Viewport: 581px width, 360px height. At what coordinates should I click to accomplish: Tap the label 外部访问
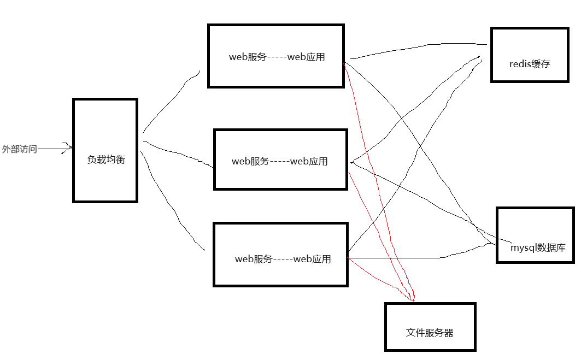pyautogui.click(x=19, y=149)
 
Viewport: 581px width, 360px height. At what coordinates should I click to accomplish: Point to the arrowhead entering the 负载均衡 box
pyautogui.click(x=69, y=147)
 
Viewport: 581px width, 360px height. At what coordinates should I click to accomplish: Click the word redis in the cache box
pyautogui.click(x=517, y=64)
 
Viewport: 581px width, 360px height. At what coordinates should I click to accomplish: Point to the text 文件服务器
pyautogui.click(x=430, y=332)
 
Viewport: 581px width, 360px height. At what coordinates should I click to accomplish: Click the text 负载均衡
pyautogui.click(x=106, y=160)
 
